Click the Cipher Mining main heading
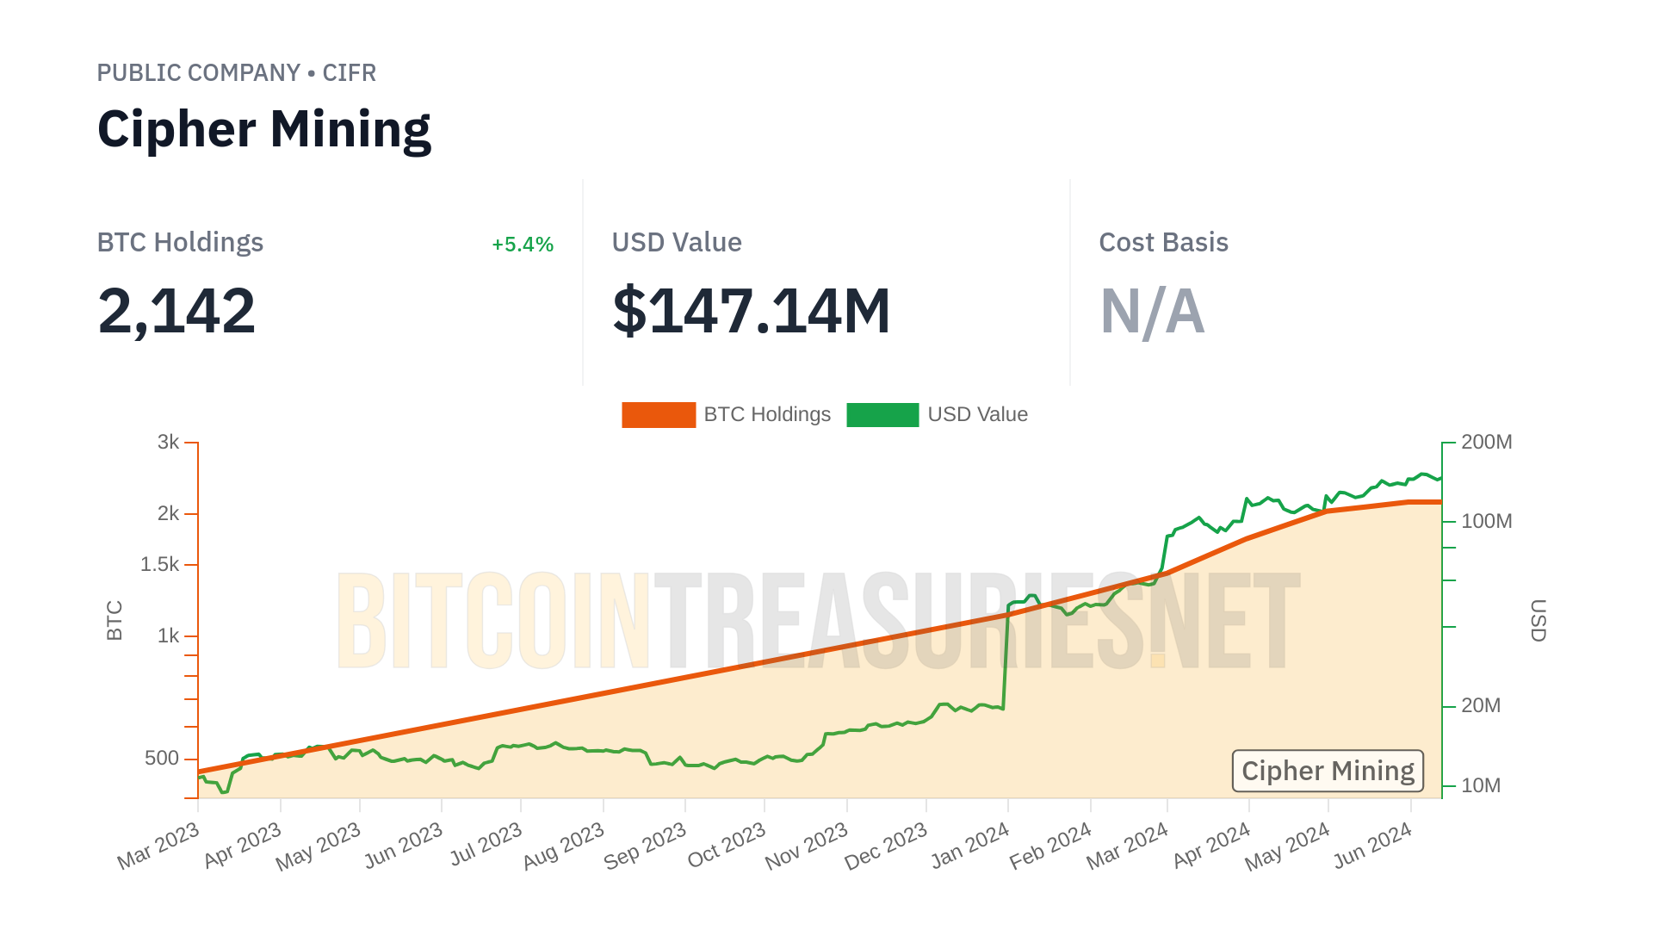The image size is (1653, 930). [263, 129]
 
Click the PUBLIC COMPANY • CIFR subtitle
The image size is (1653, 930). [236, 73]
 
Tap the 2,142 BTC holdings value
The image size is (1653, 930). [176, 311]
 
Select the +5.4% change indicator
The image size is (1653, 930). [522, 245]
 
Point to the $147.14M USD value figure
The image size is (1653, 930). [751, 311]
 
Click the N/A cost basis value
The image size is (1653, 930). [1152, 311]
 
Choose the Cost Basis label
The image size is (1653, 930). [1163, 243]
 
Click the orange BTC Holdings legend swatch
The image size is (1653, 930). [658, 415]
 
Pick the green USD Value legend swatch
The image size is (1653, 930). [882, 415]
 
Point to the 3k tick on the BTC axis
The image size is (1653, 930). [169, 443]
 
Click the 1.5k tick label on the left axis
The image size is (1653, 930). [159, 565]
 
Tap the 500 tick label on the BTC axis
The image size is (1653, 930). [162, 759]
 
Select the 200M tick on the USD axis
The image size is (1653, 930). [1486, 443]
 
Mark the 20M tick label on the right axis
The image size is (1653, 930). [1481, 706]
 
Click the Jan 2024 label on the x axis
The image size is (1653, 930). [970, 846]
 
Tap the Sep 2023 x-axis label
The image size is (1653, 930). [645, 846]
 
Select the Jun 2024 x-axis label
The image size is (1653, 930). [1372, 846]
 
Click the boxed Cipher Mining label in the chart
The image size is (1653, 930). [1328, 771]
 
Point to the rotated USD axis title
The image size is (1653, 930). [1538, 620]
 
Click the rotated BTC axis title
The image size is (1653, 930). [115, 620]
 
